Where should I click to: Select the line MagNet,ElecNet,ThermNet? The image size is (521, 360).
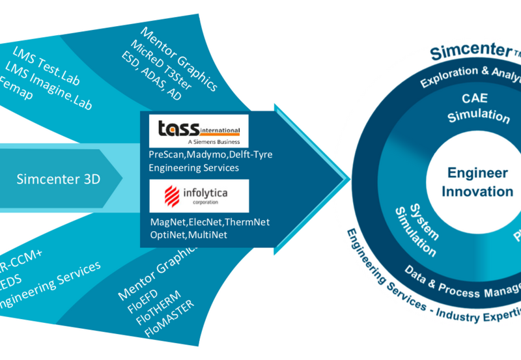[209, 223]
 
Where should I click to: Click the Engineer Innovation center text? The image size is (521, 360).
[477, 182]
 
